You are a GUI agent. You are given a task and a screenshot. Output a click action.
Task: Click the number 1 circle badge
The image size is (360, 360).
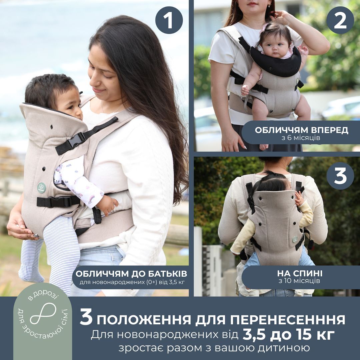click(169, 20)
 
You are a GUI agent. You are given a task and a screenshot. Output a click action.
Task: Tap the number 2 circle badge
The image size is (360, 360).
click(340, 20)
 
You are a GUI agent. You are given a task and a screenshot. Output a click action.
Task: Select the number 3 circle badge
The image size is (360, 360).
click(340, 176)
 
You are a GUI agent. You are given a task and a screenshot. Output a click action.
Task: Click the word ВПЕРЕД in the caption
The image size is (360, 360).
click(329, 130)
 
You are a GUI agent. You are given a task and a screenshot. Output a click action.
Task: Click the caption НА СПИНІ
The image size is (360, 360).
click(300, 273)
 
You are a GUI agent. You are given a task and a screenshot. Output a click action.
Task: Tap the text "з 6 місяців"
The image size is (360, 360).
click(301, 138)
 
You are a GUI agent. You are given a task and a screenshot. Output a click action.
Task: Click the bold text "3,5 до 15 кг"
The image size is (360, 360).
click(288, 335)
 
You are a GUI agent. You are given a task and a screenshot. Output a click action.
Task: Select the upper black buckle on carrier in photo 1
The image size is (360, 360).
click(76, 140)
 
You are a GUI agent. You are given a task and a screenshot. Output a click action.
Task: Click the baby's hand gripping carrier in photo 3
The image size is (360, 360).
click(299, 199)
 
